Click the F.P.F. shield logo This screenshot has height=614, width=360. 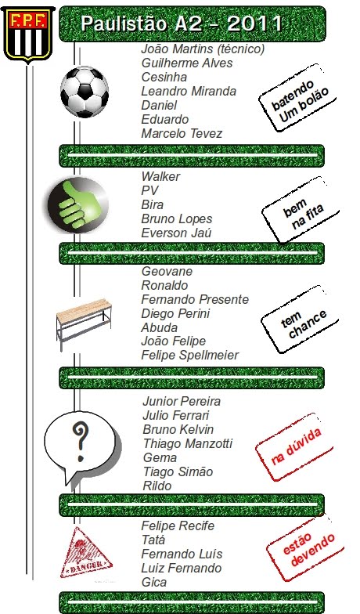coord(28,34)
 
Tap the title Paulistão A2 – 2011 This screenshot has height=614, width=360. coord(182,23)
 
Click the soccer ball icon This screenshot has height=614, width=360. coord(85,92)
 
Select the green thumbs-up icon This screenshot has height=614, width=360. coord(78,205)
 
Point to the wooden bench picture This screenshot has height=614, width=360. coord(84,323)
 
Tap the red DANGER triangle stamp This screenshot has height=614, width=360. coord(86,553)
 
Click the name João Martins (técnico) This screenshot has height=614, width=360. coord(203,49)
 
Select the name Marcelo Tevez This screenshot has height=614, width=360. coord(182,133)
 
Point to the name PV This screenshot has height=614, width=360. coord(150,191)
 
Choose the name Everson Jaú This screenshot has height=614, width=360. coord(177,233)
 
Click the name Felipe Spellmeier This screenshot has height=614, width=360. coord(189,356)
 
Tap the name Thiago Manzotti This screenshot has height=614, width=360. coord(188,443)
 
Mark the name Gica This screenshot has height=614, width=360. coord(154,583)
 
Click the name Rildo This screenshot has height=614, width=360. coord(157,486)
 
